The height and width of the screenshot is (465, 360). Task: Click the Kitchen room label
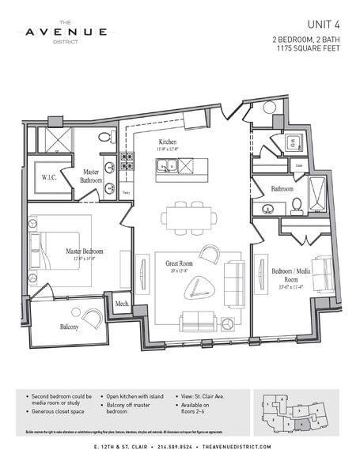click(x=167, y=144)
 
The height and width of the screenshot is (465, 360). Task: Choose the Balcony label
click(x=67, y=325)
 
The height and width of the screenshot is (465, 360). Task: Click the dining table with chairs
click(x=188, y=216)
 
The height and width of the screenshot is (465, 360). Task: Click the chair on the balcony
click(x=93, y=318)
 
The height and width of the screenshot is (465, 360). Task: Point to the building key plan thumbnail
click(x=297, y=412)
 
